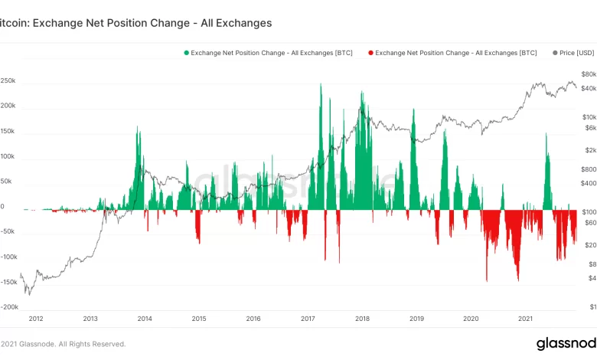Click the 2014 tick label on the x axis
pos(145,319)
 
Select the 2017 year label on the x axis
pos(308,319)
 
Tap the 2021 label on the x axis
pos(526,319)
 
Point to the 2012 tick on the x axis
pos(35,319)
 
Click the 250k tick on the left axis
pos(8,80)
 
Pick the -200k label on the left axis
pos(9,307)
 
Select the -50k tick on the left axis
pos(9,232)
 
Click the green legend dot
pos(186,53)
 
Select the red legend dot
pos(371,53)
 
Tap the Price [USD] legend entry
pos(574,53)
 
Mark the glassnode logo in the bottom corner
pos(566,343)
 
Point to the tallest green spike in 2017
pos(321,84)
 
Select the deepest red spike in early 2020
pos(487,280)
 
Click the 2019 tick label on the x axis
pos(416,319)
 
